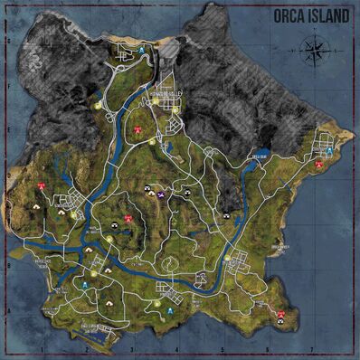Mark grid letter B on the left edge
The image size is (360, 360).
(8, 267)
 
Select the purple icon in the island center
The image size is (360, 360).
(160, 194)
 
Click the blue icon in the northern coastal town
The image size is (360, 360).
(141, 50)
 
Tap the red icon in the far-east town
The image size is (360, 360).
(319, 166)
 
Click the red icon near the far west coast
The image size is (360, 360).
(41, 185)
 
